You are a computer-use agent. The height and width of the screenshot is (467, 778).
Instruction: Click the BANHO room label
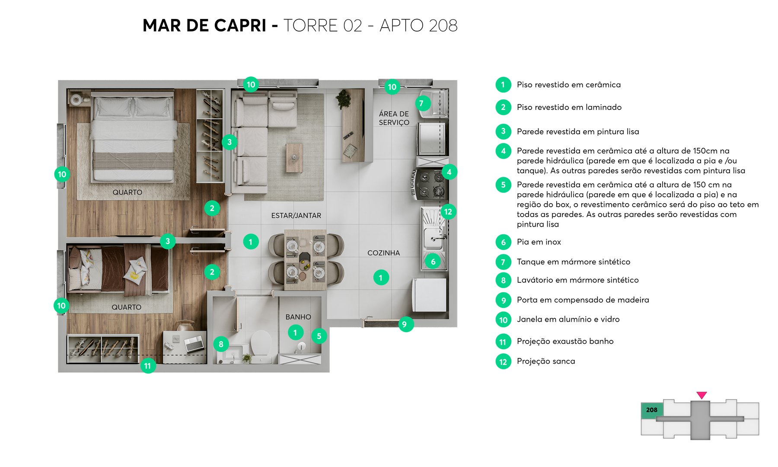[x=298, y=317]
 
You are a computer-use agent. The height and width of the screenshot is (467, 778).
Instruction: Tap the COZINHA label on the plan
[x=383, y=253]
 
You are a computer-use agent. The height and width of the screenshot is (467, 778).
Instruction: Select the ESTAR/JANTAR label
[x=296, y=215]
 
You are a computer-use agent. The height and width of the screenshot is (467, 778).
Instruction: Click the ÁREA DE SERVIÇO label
[x=394, y=118]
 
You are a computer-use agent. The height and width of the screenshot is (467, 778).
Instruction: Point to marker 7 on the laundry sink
[x=422, y=103]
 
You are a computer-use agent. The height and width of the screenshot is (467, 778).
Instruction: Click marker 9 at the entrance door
[x=405, y=324]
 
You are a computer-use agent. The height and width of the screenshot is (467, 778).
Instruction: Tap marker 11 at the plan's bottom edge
[x=147, y=366]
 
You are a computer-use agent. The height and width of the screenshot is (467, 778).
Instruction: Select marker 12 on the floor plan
[x=448, y=211]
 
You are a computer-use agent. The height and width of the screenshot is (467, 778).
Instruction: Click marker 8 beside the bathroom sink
[x=221, y=344]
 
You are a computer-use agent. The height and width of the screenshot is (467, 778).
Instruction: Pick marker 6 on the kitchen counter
[x=433, y=262]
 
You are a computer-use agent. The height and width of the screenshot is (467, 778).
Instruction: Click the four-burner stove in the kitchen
[x=427, y=183]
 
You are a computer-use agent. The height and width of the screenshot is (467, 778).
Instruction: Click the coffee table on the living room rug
[x=294, y=158]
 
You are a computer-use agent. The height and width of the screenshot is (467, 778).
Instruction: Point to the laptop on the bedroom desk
[x=194, y=344]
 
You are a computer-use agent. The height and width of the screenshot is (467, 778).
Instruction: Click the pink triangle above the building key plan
[x=701, y=395]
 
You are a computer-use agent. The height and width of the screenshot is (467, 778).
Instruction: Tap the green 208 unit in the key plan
[x=651, y=410]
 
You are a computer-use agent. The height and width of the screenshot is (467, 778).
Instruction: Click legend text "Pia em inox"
[x=539, y=242]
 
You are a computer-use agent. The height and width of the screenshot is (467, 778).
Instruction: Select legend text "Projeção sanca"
[x=545, y=361]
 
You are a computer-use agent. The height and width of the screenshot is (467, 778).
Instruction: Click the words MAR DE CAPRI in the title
[x=204, y=26]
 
